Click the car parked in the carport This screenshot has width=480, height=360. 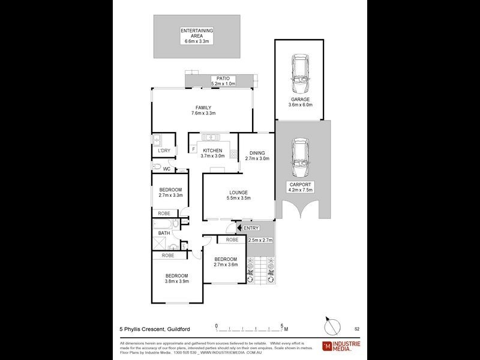pos(300,157)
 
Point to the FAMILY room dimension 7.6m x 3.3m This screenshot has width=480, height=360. pos(203,113)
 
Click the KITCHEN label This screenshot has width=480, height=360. pos(212,151)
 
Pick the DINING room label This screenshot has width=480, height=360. pos(257,153)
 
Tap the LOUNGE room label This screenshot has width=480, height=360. pos(238,192)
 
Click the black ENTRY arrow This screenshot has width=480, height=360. pos(239,228)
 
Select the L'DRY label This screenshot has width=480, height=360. pos(164,151)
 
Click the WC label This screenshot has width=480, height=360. pos(167,169)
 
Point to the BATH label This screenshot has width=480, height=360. pos(164,233)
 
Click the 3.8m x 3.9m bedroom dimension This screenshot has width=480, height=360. pos(177,281)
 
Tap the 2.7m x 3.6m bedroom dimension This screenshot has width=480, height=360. pos(226,265)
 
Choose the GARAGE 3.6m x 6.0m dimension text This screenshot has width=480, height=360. pos(301,104)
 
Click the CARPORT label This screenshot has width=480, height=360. pos(301,184)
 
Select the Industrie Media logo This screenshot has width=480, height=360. pos(341,346)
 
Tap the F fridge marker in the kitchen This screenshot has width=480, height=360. pos(193,148)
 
